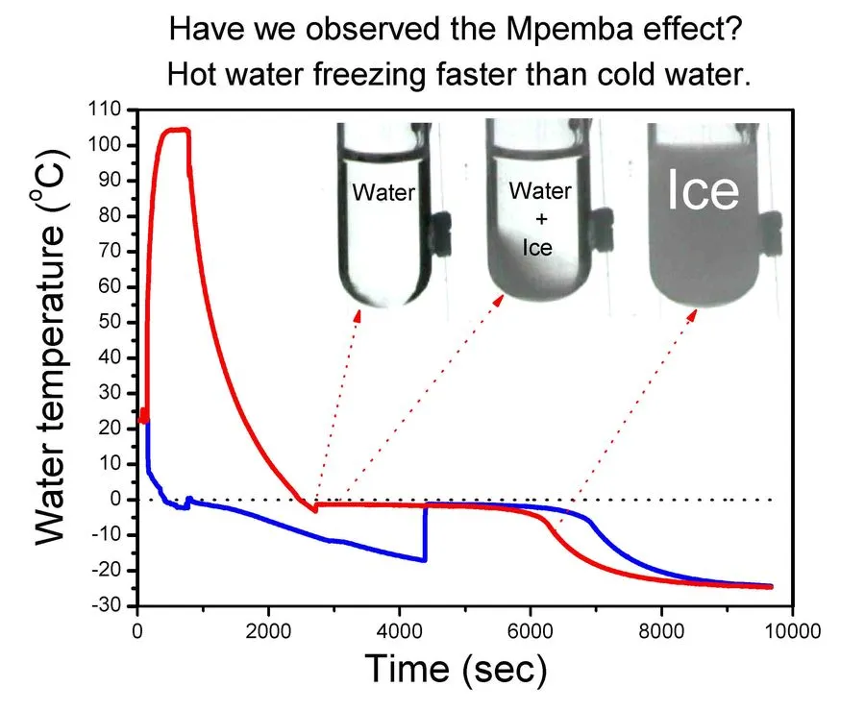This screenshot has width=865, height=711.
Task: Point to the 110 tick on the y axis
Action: click(119, 110)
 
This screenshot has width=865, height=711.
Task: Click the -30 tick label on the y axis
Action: click(119, 606)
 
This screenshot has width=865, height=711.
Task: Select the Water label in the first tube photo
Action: click(383, 192)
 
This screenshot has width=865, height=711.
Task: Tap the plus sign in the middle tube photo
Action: click(538, 219)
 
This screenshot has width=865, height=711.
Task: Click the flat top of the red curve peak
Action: click(173, 130)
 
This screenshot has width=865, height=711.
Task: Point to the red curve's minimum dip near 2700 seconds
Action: click(314, 510)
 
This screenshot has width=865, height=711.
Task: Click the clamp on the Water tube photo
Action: click(440, 231)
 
